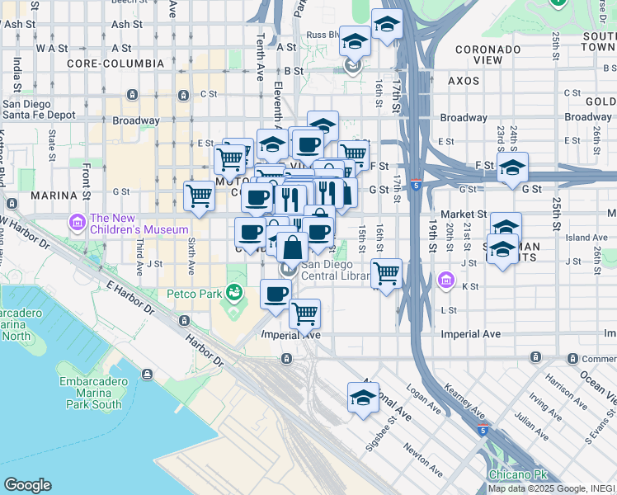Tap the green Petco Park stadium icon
click(235, 292)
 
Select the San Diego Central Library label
click(334, 270)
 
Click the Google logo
click(27, 485)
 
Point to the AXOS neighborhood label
click(463, 81)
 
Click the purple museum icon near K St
click(447, 281)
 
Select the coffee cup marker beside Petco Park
click(276, 294)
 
